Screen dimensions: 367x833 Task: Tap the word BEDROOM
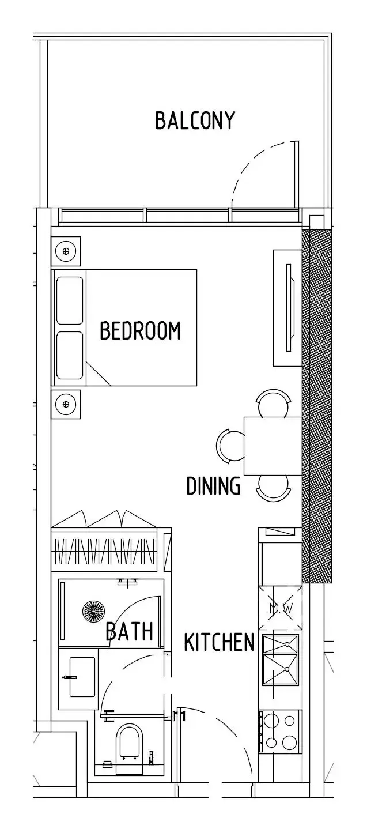click(140, 330)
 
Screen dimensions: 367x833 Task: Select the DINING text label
click(213, 485)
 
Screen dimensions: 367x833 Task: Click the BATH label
click(130, 631)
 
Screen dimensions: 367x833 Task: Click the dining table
click(273, 446)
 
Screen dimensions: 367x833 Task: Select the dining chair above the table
click(273, 403)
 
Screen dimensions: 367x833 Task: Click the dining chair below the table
click(273, 488)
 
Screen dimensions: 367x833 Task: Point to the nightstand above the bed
click(66, 251)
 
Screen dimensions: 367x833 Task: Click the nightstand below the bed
click(66, 404)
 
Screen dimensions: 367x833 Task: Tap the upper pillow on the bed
click(70, 300)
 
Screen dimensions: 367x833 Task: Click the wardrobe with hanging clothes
click(105, 551)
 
